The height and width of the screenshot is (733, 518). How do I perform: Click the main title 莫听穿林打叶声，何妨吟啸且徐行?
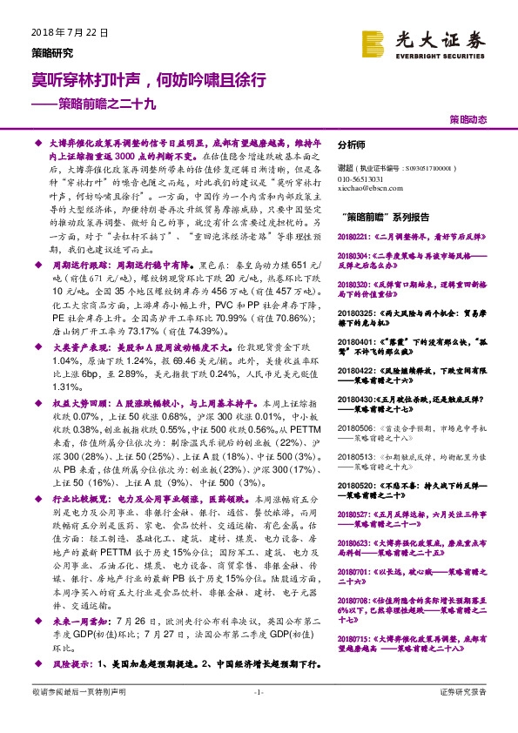(143, 79)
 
